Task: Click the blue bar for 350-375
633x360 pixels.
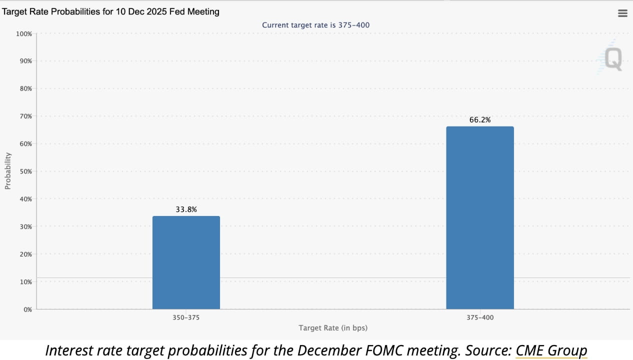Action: [186, 262]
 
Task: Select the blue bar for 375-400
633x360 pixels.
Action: [479, 217]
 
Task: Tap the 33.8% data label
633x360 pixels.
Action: [186, 209]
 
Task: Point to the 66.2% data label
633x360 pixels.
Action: [480, 120]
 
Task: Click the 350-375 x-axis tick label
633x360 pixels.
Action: [186, 317]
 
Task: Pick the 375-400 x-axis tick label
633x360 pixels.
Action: [480, 317]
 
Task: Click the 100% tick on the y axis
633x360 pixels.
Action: [23, 33]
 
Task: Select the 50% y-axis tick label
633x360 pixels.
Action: [25, 171]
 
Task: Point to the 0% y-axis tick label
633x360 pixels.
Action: [27, 309]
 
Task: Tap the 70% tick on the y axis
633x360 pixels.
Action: [25, 116]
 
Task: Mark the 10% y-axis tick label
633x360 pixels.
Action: [25, 282]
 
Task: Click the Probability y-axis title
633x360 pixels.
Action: [7, 171]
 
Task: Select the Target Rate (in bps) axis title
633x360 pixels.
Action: [333, 328]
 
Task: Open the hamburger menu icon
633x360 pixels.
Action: [622, 13]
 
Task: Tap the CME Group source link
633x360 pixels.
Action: [551, 350]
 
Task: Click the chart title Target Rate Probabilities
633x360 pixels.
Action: [110, 11]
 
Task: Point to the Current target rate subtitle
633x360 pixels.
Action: [316, 24]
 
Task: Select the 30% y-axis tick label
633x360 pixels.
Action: [25, 226]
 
